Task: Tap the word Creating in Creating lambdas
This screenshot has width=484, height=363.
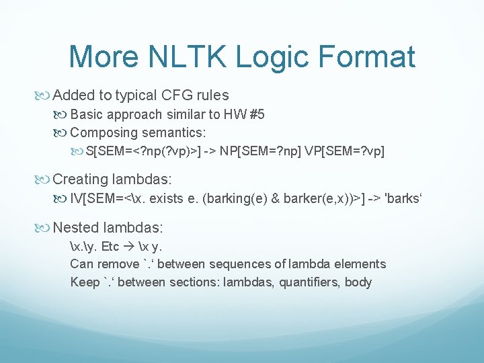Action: coord(80,179)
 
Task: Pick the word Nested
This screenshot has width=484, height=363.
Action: coord(76,227)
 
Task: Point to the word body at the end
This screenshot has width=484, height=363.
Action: coord(358,282)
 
